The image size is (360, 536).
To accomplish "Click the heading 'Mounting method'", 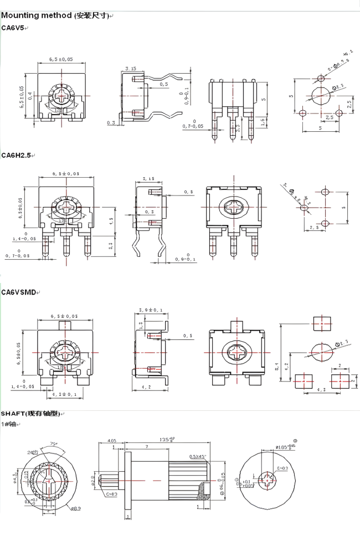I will pyautogui.click(x=37, y=16).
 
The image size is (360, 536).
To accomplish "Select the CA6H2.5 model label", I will pyautogui.click(x=16, y=155).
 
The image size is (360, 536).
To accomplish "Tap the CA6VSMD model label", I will pyautogui.click(x=18, y=292).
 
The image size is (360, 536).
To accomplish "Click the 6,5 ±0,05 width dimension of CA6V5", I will pyautogui.click(x=61, y=59).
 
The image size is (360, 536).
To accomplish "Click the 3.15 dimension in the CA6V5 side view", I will pyautogui.click(x=131, y=68).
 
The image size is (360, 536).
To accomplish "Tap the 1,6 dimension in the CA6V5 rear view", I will pyautogui.click(x=262, y=120).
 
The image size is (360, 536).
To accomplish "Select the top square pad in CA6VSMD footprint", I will pyautogui.click(x=321, y=322).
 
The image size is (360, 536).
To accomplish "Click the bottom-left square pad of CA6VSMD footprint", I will pyautogui.click(x=304, y=380).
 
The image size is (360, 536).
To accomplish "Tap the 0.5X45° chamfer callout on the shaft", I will pyautogui.click(x=196, y=456).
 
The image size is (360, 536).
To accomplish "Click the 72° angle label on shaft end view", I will pyautogui.click(x=54, y=444).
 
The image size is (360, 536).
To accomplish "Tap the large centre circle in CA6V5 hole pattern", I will pyautogui.click(x=320, y=95).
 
